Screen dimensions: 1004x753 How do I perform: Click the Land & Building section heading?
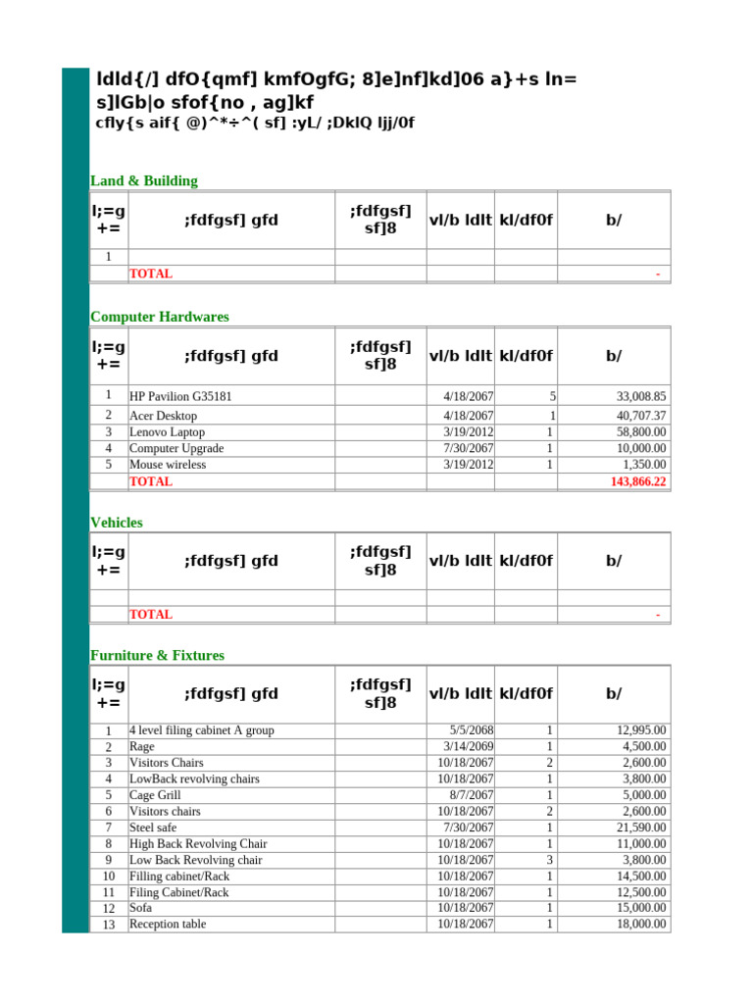(x=143, y=180)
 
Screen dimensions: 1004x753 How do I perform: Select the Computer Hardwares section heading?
(x=159, y=317)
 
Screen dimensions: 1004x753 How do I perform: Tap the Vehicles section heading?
(x=116, y=523)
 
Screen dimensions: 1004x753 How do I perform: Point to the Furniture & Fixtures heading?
(x=157, y=655)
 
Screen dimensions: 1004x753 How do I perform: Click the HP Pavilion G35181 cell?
(x=180, y=396)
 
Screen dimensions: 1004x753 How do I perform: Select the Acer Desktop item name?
(x=163, y=416)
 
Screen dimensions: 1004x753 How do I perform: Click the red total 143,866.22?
(x=637, y=481)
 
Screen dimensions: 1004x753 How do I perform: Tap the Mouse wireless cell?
(x=168, y=465)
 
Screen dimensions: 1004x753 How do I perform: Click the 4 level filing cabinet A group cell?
(x=202, y=729)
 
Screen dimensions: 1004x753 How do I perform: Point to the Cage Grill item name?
(x=155, y=795)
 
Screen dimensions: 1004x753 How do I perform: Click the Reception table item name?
(x=168, y=924)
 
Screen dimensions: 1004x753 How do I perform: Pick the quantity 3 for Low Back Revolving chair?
(x=550, y=860)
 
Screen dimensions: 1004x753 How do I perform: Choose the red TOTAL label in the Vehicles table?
(x=151, y=615)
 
